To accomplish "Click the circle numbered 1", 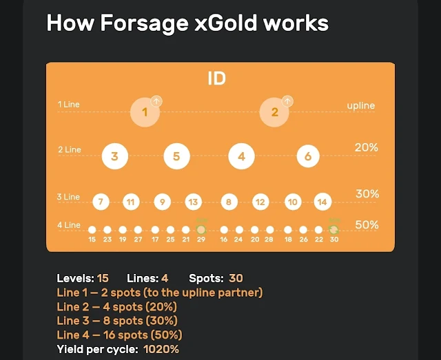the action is [145, 112].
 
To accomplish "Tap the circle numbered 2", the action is [274, 112].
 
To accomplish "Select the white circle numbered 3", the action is [114, 156].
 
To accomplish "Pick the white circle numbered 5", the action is [176, 156].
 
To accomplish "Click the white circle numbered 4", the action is [241, 156].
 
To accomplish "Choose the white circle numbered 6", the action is [308, 156].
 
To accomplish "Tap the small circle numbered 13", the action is [194, 202].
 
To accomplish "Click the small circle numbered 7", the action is [101, 202].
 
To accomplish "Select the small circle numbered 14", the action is [322, 202].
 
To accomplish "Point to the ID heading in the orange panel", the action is [216, 78].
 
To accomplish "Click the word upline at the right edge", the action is [361, 106].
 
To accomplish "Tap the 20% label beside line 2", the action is [366, 147].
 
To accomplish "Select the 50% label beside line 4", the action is [367, 225].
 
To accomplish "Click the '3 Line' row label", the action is [68, 198].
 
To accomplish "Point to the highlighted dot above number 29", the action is [201, 229].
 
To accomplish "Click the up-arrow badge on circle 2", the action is [287, 101].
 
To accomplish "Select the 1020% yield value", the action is [161, 349].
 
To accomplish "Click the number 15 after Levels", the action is [103, 279].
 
